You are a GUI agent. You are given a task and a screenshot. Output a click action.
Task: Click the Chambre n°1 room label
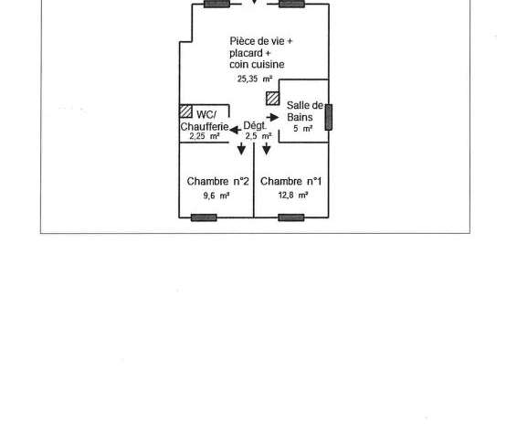coord(290,182)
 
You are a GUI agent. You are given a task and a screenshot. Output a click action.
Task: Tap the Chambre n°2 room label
coord(217,182)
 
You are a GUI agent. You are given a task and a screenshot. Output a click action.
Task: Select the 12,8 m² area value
coord(293,196)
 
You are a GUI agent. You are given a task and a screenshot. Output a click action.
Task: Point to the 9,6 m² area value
coord(216,196)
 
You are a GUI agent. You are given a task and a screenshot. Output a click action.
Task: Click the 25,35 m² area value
coord(255,79)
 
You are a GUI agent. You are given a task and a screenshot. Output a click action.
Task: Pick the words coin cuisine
coord(257,64)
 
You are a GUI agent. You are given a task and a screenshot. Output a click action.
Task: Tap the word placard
coord(246,53)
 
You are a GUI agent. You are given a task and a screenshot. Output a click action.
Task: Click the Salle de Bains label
coord(305,111)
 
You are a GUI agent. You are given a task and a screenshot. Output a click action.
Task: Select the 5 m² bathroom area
coord(303,129)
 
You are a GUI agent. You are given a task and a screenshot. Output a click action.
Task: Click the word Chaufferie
coord(205,126)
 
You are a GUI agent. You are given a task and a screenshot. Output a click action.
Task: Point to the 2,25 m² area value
coord(205,136)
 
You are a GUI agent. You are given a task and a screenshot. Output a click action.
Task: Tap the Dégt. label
coord(255,126)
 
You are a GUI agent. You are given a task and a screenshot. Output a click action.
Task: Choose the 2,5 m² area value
coord(258,136)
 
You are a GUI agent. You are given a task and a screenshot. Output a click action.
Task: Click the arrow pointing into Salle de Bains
coord(273,117)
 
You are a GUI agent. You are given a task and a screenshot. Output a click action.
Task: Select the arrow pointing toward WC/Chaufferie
coord(235,130)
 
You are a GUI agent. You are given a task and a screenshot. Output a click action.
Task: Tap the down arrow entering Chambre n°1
coord(267,149)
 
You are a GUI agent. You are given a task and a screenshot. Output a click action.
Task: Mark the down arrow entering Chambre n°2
coord(241,149)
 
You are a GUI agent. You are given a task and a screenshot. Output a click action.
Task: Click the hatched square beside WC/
coord(186,111)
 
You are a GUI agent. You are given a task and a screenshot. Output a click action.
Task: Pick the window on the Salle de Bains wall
coord(329,117)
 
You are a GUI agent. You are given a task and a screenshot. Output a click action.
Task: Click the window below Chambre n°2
coord(204,217)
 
